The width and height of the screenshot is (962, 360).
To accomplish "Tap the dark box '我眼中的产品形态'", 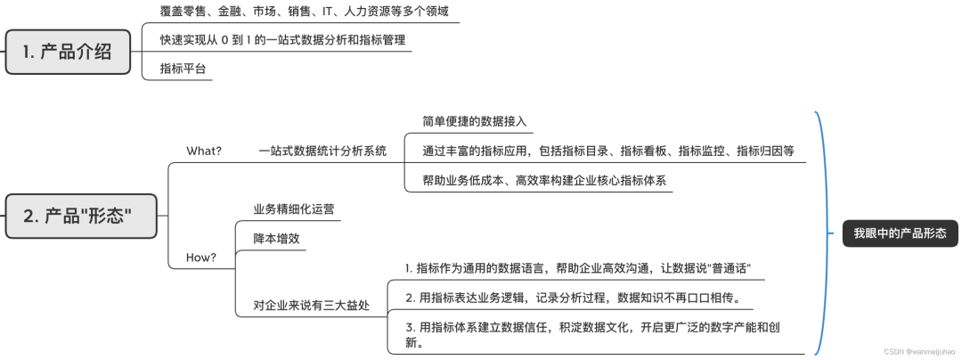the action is (900, 233).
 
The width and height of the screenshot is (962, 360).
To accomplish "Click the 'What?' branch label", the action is (203, 151).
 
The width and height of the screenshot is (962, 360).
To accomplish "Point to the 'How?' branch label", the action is (200, 258).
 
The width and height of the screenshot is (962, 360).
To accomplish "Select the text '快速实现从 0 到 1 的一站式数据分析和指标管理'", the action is (282, 40).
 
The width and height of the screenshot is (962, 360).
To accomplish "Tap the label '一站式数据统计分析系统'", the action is (322, 151).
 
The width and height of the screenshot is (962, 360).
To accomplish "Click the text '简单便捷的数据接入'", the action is (475, 121).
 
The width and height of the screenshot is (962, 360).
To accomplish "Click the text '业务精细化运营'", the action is (294, 209).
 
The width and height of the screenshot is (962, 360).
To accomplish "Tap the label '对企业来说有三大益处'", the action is (311, 306).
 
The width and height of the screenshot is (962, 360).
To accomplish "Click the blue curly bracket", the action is (824, 233).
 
